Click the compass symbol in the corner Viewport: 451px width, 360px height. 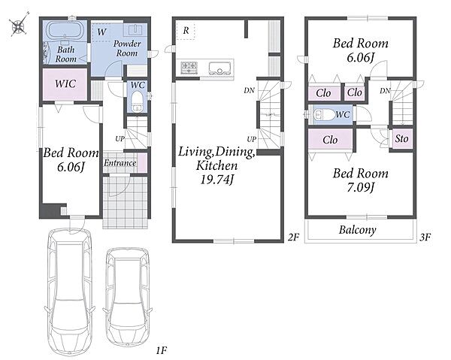pos(19,25)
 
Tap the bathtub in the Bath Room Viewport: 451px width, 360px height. pos(65,29)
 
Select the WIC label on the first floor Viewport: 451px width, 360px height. pos(65,83)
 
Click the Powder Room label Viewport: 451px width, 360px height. pos(127,48)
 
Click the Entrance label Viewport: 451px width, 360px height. pos(120,163)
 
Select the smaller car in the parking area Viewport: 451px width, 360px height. pos(128,298)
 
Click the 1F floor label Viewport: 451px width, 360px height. pos(162,350)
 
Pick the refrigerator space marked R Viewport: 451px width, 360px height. pos(186,31)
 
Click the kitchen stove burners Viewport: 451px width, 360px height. pos(189,68)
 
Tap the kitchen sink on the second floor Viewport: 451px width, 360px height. pos(220,68)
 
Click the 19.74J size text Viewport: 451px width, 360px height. pos(216,180)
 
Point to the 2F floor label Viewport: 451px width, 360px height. pos(294,237)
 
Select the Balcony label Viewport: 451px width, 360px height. pos(357,230)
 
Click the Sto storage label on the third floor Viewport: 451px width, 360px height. pos(401,138)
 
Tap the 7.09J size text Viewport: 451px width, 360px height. pos(360,188)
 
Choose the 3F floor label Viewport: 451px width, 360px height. pos(425,237)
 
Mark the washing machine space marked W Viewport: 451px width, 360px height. pos(101,32)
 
